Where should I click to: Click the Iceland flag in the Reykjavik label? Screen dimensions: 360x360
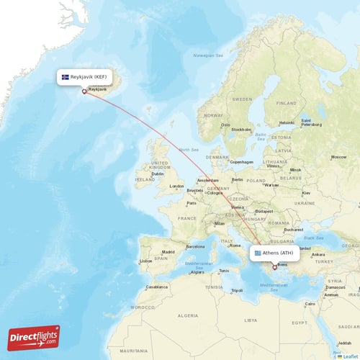[66, 76]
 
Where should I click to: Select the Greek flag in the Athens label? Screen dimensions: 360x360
[257, 253]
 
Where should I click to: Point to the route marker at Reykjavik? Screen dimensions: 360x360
[84, 91]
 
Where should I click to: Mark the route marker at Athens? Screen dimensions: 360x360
[274, 267]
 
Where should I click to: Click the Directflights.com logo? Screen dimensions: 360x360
[34, 338]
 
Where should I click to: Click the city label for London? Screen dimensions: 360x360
[176, 186]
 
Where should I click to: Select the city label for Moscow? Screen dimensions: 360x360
[338, 157]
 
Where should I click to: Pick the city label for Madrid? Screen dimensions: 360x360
[168, 252]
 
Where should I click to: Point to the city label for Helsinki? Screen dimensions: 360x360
[287, 122]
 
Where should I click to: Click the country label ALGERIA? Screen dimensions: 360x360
[188, 315]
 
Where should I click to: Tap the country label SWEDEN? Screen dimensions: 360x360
[243, 99]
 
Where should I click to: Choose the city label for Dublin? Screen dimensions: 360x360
[157, 174]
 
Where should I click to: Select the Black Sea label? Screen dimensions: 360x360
[314, 236]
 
